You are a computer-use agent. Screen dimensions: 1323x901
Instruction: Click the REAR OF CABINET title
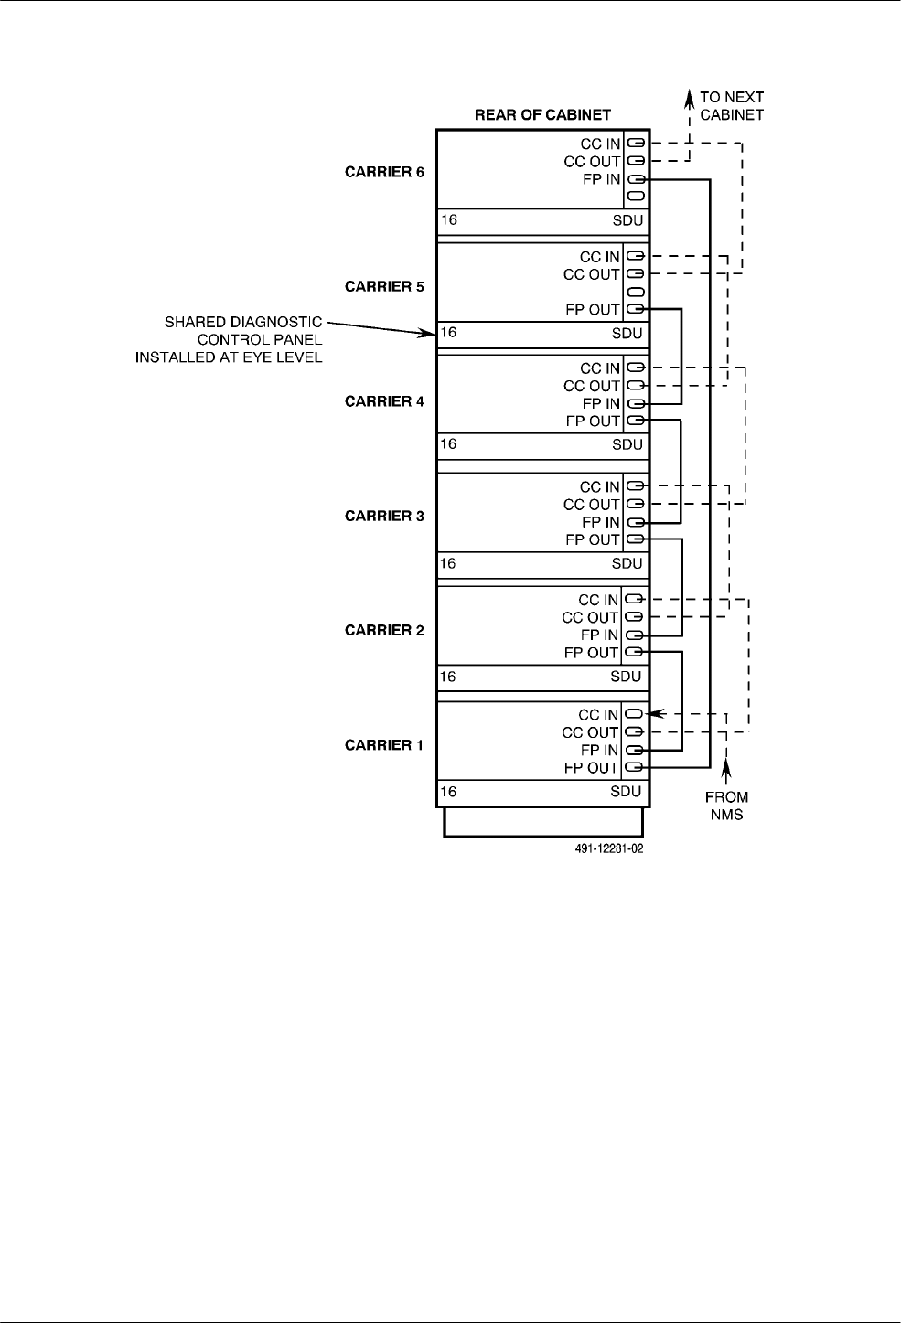click(542, 115)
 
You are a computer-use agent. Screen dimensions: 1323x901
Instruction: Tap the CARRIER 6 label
click(384, 172)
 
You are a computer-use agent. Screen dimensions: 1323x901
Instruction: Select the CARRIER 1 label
click(384, 745)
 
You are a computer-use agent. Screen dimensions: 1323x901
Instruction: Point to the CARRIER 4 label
click(384, 401)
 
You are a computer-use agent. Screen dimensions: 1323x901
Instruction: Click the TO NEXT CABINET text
click(732, 106)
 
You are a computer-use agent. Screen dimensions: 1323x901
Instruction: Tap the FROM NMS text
click(726, 806)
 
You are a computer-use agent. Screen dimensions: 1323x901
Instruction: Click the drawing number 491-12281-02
click(599, 848)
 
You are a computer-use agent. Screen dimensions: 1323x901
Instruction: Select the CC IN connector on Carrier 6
click(636, 144)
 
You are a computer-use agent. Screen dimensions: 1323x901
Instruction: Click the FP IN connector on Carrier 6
click(636, 179)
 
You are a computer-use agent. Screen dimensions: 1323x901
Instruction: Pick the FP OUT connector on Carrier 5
click(635, 309)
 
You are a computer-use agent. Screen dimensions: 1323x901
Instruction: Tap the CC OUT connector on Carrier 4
click(636, 386)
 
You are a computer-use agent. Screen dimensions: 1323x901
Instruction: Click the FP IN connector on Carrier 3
click(635, 522)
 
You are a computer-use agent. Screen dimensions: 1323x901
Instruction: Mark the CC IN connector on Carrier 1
click(634, 714)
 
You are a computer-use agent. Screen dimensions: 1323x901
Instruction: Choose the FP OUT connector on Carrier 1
click(634, 768)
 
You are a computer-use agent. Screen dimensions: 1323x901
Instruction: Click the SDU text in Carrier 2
click(627, 678)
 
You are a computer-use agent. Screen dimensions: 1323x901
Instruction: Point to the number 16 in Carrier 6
click(449, 220)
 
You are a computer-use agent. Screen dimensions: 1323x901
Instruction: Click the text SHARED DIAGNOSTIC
click(243, 323)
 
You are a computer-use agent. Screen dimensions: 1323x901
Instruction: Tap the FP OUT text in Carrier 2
click(591, 653)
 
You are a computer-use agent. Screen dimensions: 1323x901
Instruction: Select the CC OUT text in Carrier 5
click(592, 274)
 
